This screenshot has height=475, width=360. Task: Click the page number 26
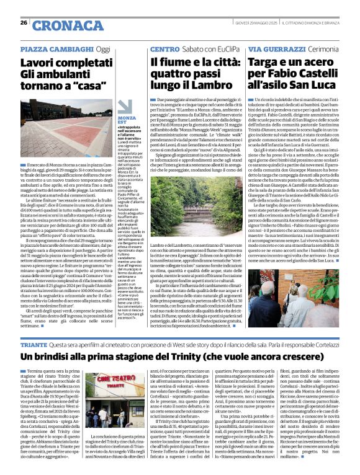coord(23,22)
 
